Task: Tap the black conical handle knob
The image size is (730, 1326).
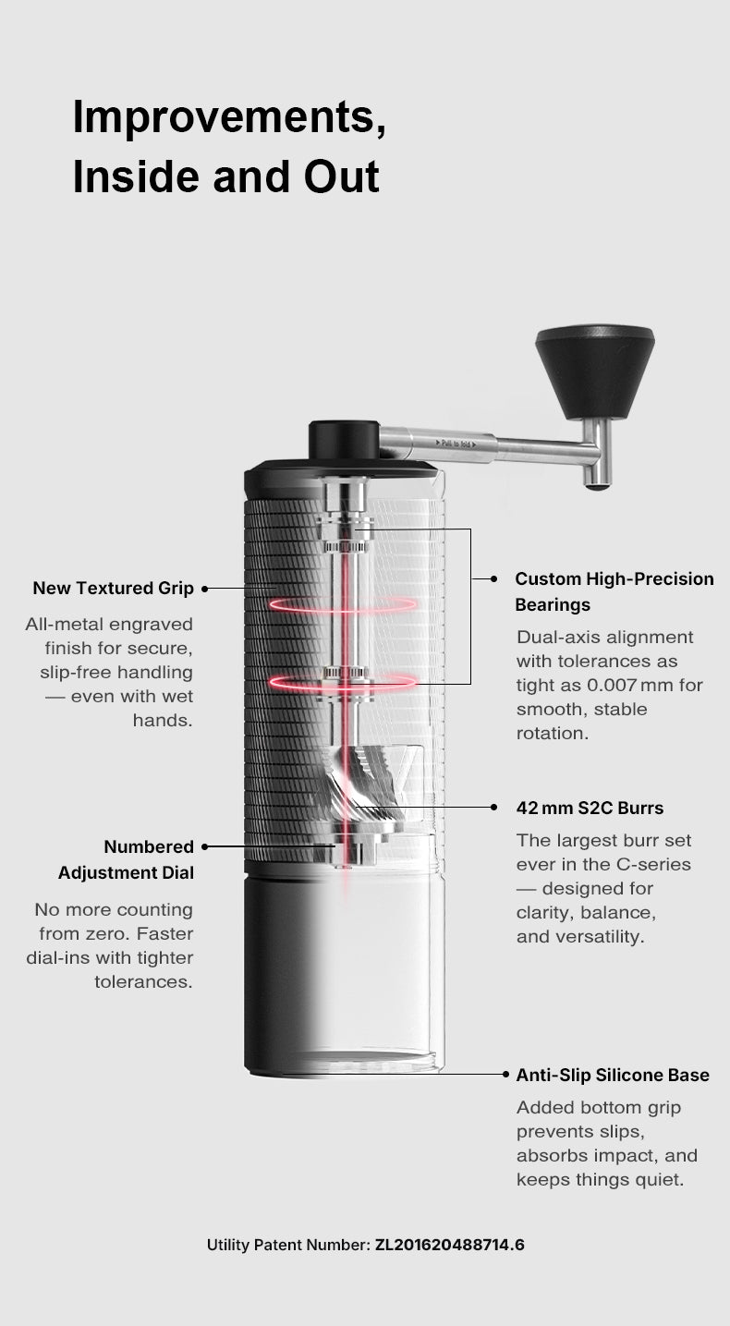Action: (595, 371)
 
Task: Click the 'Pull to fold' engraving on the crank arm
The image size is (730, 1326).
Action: (456, 443)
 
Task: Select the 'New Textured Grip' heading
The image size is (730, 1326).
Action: (113, 588)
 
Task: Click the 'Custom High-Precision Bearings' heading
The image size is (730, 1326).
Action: (614, 591)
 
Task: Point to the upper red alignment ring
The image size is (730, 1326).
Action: (343, 604)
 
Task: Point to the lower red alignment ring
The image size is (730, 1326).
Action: (343, 682)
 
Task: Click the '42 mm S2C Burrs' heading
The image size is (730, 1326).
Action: (590, 808)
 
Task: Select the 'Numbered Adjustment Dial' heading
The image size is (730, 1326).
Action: (126, 859)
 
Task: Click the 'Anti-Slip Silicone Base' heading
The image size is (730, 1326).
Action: (613, 1075)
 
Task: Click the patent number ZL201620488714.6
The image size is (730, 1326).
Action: (449, 1245)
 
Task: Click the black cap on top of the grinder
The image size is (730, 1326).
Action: (344, 440)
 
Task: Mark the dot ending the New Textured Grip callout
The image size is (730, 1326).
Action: (205, 589)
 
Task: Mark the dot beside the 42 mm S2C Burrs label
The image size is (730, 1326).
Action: (493, 808)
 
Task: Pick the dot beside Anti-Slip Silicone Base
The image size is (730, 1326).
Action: (505, 1075)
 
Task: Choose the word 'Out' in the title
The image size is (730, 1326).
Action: (341, 177)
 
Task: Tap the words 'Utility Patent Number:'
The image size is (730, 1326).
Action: (288, 1245)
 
